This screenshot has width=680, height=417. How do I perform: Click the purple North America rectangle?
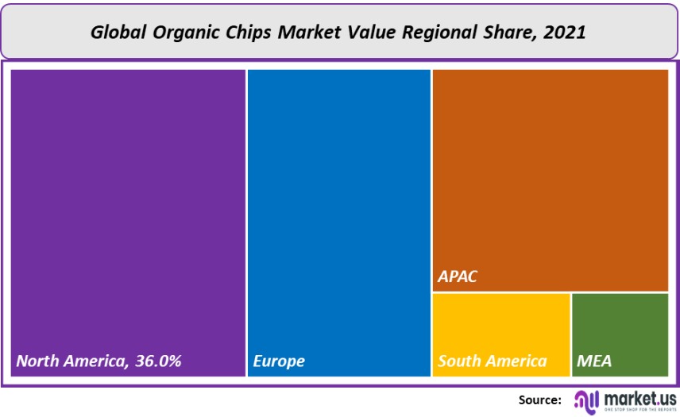click(x=127, y=199)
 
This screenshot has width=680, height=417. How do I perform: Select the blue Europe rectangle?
click(x=339, y=199)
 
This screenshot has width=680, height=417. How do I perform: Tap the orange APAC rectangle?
click(x=550, y=175)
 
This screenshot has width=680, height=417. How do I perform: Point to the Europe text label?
click(x=279, y=361)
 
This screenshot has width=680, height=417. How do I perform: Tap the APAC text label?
click(x=458, y=279)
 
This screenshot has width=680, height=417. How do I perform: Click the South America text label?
click(x=493, y=361)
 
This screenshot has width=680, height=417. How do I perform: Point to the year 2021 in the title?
click(x=567, y=33)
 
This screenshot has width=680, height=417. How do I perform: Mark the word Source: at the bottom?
click(x=541, y=400)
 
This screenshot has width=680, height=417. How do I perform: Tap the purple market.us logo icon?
click(x=586, y=400)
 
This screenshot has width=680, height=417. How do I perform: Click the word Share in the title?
click(x=513, y=33)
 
